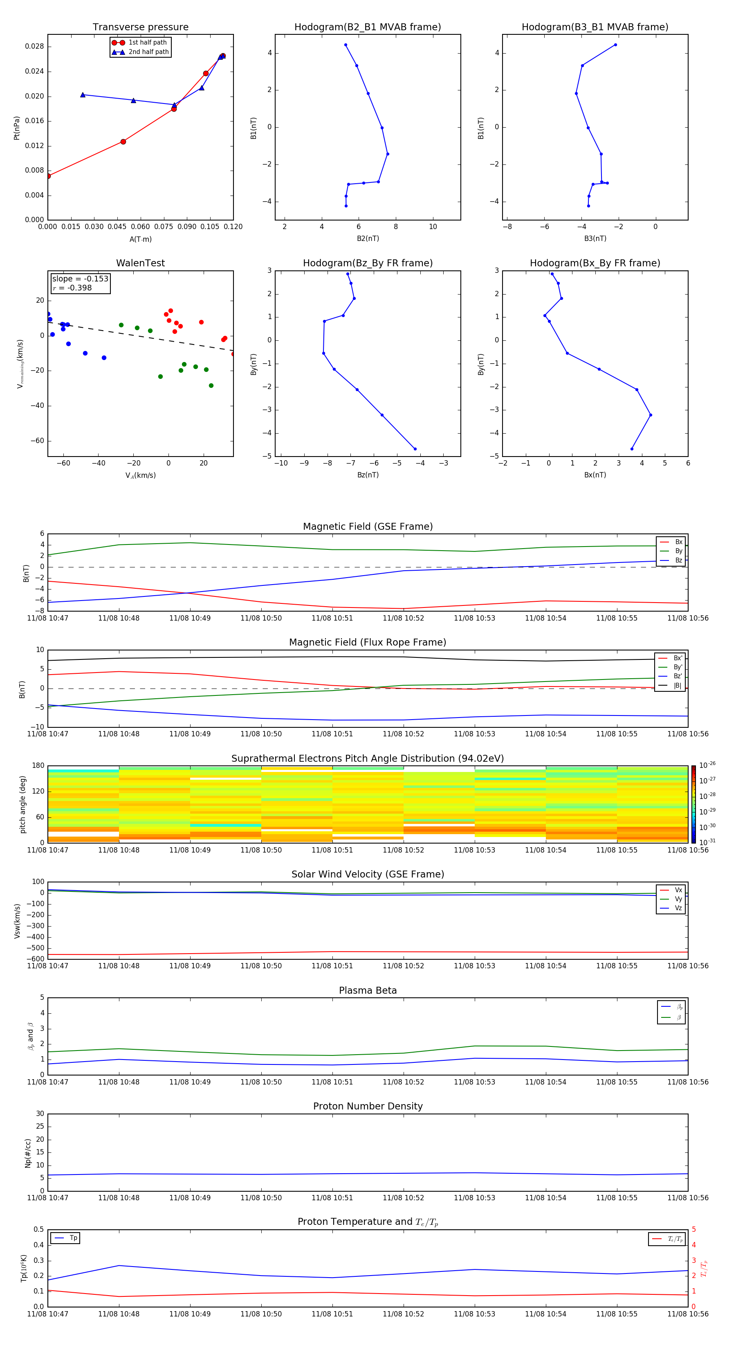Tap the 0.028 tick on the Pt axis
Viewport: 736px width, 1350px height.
[35, 47]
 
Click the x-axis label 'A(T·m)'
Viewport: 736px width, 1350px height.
[140, 239]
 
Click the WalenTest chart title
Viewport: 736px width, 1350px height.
[140, 263]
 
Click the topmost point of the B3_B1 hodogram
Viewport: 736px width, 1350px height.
[615, 45]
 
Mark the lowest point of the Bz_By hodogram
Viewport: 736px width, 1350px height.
[415, 449]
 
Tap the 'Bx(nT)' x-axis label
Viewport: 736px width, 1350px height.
[595, 475]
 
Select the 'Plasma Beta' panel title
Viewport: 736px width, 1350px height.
[367, 990]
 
